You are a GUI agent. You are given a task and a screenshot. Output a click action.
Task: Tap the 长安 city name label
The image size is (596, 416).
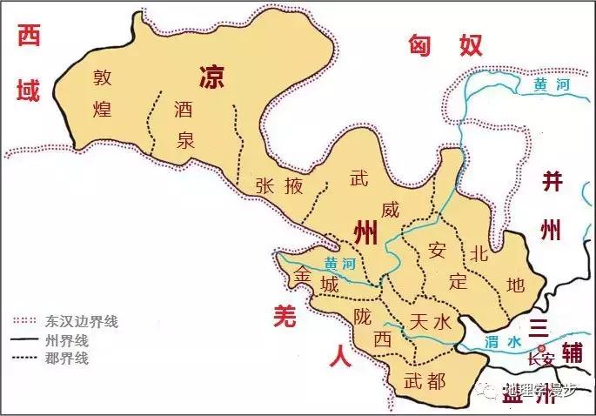point(540,359)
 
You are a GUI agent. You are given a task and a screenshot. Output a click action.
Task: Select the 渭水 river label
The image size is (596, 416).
point(503,341)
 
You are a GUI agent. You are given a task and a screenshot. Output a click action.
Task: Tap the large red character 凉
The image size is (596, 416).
point(213,75)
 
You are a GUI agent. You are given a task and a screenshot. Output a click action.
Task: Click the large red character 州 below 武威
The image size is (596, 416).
point(366,233)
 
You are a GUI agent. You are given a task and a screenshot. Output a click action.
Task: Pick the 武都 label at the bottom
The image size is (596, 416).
point(425,380)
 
